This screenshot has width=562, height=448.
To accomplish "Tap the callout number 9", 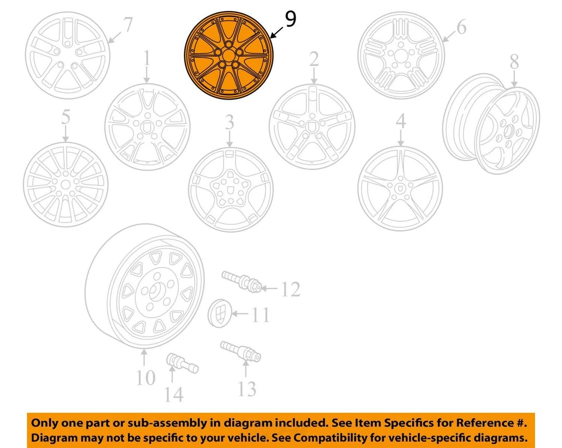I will pyautogui.click(x=290, y=19).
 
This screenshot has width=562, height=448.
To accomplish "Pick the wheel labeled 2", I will pyautogui.click(x=311, y=126).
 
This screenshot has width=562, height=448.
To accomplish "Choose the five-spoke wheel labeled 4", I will pyautogui.click(x=400, y=188).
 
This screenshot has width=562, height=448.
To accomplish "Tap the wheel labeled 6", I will pyautogui.click(x=401, y=56).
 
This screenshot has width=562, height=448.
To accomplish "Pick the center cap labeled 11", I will pyautogui.click(x=220, y=316).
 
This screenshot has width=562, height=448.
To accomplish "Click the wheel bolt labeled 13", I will pyautogui.click(x=241, y=351).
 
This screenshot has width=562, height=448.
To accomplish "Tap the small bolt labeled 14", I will pyautogui.click(x=182, y=363).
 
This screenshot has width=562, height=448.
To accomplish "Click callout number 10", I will pyautogui.click(x=146, y=378).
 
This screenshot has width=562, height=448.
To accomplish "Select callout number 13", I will pyautogui.click(x=246, y=387).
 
